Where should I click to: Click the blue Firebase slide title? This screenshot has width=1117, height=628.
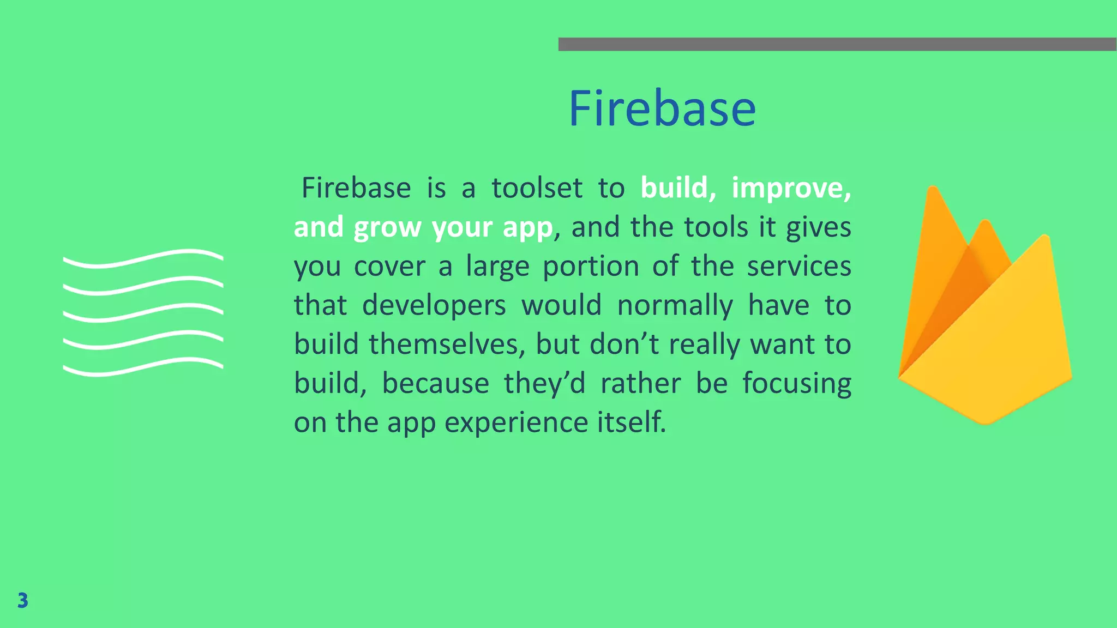pos(662,109)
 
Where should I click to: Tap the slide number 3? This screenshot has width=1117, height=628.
pos(22,600)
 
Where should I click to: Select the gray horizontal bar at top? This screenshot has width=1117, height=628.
pos(837,44)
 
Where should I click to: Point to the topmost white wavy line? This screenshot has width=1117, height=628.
pos(143,258)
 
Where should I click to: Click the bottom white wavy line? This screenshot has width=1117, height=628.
pos(143,367)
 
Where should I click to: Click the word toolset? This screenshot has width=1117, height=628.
pos(537,188)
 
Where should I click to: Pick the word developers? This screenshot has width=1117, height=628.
pos(434,305)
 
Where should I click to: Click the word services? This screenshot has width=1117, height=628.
pos(798,267)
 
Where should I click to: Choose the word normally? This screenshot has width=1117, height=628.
pos(675,305)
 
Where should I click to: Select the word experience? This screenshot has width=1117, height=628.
pos(516,422)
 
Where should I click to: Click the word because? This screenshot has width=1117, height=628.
pos(435,383)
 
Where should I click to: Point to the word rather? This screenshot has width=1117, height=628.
pos(640,383)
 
